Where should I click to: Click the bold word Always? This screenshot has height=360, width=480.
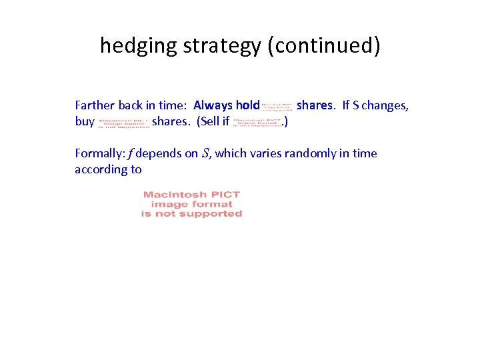tap(213, 105)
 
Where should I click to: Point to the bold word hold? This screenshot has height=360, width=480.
tap(247, 105)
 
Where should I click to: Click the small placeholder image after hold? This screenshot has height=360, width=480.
tap(277, 106)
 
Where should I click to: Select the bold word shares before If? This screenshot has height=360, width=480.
tap(314, 105)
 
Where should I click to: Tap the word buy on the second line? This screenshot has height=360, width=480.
tap(85, 122)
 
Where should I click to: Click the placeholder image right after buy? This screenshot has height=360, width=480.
tap(123, 123)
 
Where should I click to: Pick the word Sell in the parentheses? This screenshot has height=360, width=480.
tap(207, 122)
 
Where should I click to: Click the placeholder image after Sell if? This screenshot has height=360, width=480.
tap(257, 123)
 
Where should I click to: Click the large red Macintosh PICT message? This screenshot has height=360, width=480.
tap(191, 204)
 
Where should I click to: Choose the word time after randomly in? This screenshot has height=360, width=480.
tap(364, 153)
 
